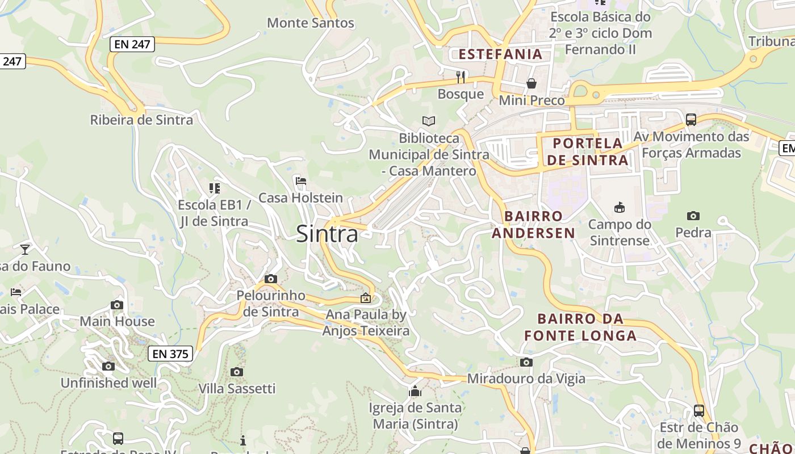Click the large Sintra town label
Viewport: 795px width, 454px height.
tap(327, 234)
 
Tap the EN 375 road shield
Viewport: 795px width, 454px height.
tap(170, 354)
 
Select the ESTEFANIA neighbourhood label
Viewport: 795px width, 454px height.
tap(500, 54)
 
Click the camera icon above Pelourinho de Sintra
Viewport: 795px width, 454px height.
tap(271, 279)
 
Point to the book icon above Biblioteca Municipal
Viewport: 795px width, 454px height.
tap(429, 121)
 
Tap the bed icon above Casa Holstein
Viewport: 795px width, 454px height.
tap(301, 181)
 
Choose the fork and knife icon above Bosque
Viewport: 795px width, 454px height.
tap(461, 77)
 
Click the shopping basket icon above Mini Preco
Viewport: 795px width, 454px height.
tap(532, 84)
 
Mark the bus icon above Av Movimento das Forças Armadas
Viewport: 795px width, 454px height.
tap(691, 120)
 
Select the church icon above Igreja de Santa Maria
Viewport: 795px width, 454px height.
tap(415, 391)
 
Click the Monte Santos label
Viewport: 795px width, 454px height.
tap(311, 23)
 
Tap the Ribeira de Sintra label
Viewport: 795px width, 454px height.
tap(141, 120)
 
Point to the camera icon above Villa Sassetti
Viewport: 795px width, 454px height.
tap(237, 372)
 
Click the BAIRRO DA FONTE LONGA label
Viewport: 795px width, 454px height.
tap(580, 327)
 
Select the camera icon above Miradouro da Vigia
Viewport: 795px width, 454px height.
tap(526, 362)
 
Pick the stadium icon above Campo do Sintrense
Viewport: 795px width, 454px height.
tap(620, 208)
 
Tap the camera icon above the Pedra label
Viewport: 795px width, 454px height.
tap(693, 216)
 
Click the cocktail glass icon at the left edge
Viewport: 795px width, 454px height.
tap(25, 249)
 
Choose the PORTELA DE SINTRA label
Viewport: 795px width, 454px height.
tap(588, 152)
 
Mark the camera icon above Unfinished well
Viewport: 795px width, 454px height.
tap(108, 366)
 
